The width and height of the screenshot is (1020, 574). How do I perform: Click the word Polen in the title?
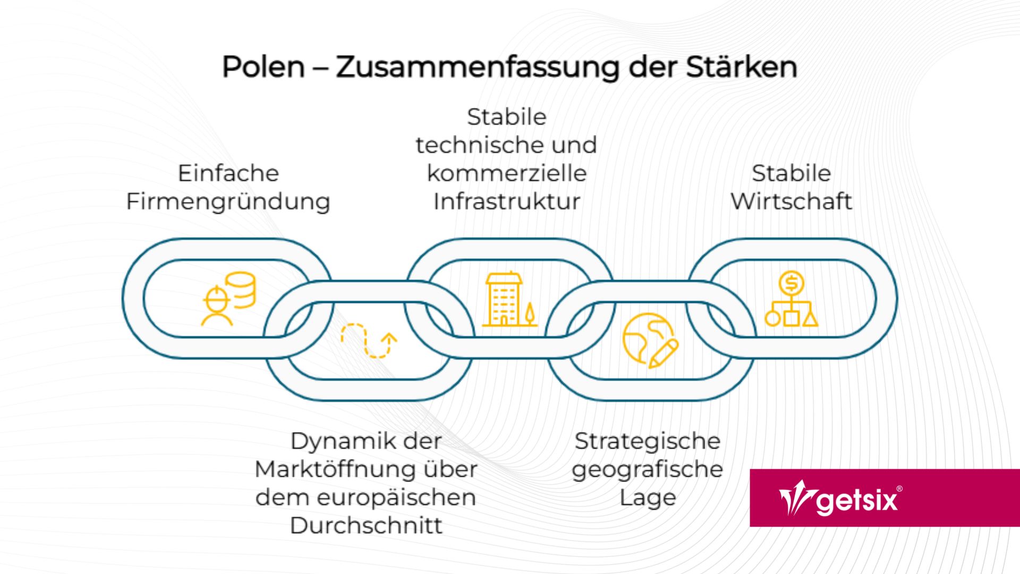[x=263, y=67]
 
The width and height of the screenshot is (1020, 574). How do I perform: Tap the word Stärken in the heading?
[x=741, y=67]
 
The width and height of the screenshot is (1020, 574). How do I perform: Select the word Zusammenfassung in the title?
[x=478, y=67]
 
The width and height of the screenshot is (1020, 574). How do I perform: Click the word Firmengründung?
[x=228, y=202]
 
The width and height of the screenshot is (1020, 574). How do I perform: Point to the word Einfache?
[x=228, y=173]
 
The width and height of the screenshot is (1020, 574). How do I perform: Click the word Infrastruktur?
[x=506, y=201]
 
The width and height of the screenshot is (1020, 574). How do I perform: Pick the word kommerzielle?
[x=506, y=173]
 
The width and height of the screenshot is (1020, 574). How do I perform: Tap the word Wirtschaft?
[x=791, y=201]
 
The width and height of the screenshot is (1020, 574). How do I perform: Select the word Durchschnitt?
[x=366, y=526]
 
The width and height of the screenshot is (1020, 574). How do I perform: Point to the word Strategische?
[x=647, y=441]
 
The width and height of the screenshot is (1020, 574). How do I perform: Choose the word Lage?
[x=647, y=498]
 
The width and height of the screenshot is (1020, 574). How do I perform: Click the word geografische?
[x=647, y=469]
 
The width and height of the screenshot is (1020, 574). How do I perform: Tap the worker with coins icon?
[x=228, y=298]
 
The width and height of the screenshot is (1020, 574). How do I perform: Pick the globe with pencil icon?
[x=650, y=340]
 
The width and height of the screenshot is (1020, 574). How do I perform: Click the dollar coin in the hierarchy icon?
[x=792, y=283]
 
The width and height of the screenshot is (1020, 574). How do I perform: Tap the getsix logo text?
[x=857, y=501]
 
